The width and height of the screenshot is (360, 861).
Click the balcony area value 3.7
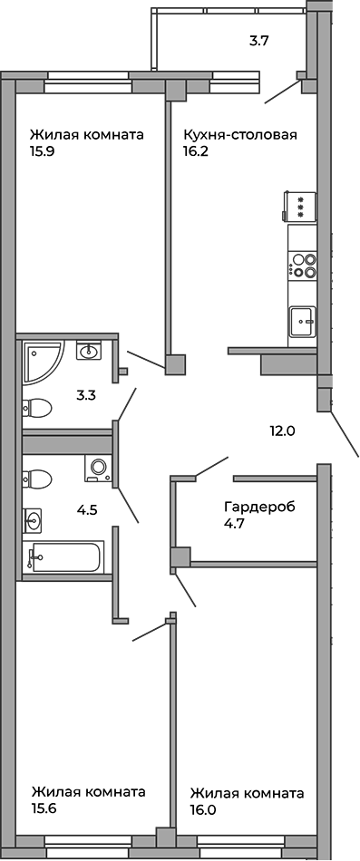pyautogui.click(x=260, y=40)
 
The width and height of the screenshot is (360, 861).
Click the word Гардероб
pyautogui.click(x=259, y=506)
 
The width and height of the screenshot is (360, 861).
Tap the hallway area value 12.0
pyautogui.click(x=282, y=431)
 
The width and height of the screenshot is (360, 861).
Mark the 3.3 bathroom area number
pyautogui.click(x=86, y=395)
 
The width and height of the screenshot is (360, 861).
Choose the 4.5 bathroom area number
pyautogui.click(x=87, y=510)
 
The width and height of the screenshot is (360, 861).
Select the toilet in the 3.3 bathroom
pyautogui.click(x=37, y=407)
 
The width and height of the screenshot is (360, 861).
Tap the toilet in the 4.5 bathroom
pyautogui.click(x=37, y=477)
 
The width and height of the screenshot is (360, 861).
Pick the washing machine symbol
pyautogui.click(x=98, y=468)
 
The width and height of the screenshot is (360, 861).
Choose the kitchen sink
pyautogui.click(x=302, y=322)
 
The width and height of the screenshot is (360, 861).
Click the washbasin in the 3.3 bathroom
pyautogui.click(x=89, y=350)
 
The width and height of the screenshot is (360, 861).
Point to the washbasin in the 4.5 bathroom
pyautogui.click(x=34, y=520)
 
